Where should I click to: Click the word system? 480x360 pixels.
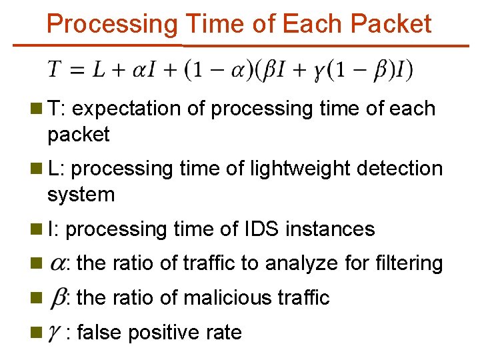[81, 195]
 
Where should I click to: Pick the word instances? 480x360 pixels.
[330, 229]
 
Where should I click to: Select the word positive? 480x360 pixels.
[159, 332]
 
